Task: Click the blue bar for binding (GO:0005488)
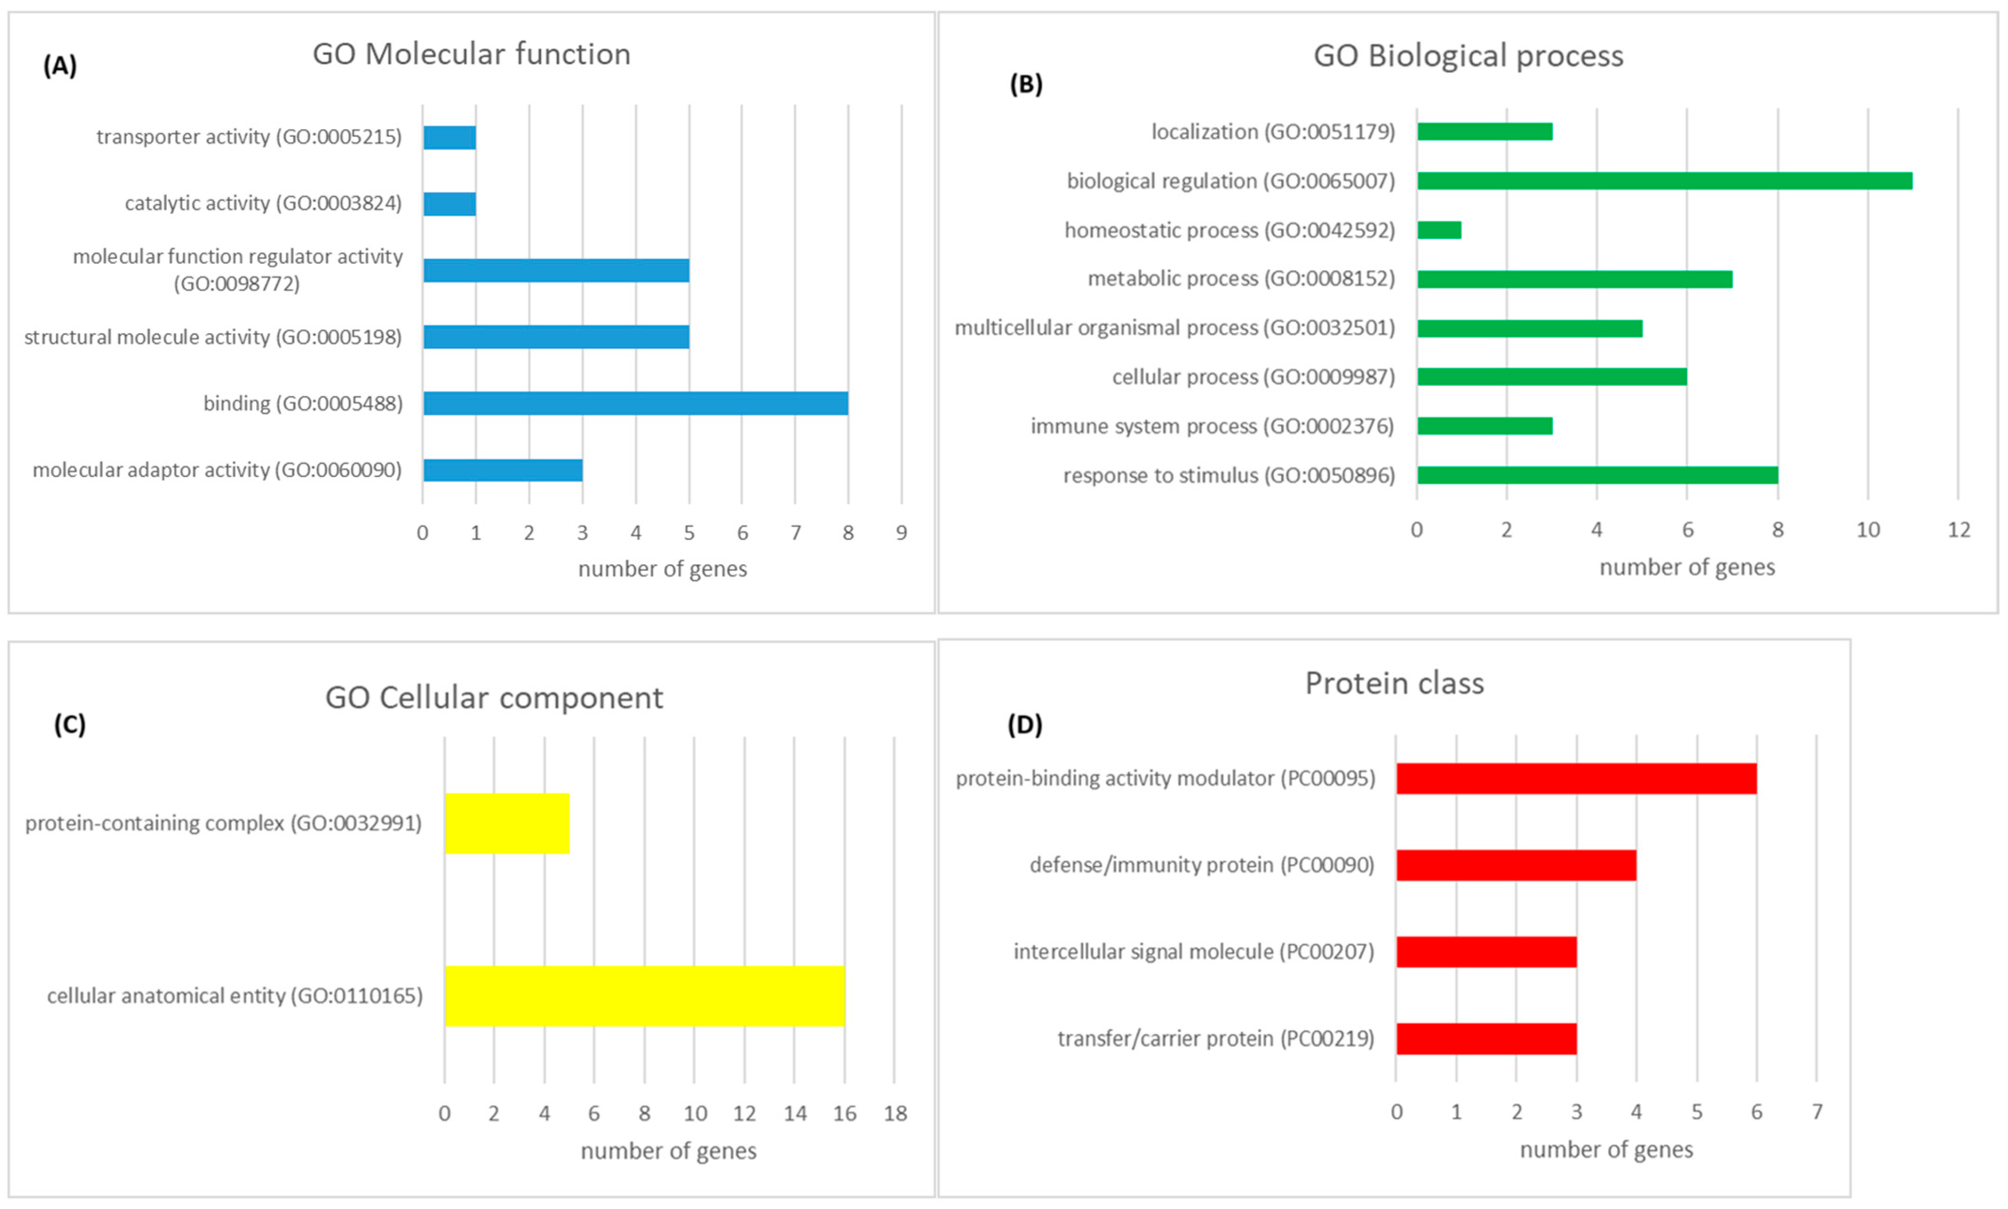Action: click(x=636, y=403)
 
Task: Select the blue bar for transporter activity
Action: click(x=450, y=137)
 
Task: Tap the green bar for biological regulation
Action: click(x=1664, y=181)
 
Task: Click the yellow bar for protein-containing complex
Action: click(x=507, y=823)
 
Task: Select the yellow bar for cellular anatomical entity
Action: click(x=645, y=996)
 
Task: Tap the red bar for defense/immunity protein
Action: click(x=1516, y=865)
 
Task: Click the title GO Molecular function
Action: click(x=471, y=54)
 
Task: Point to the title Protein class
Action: click(x=1394, y=683)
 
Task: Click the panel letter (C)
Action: click(x=70, y=724)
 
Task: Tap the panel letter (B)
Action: click(x=1026, y=84)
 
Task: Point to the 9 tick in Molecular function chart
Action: click(x=901, y=533)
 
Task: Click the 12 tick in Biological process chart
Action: click(x=1959, y=530)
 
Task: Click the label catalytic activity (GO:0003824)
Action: click(x=263, y=203)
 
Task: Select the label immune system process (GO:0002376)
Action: click(x=1212, y=426)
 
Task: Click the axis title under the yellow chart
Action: click(x=668, y=1151)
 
